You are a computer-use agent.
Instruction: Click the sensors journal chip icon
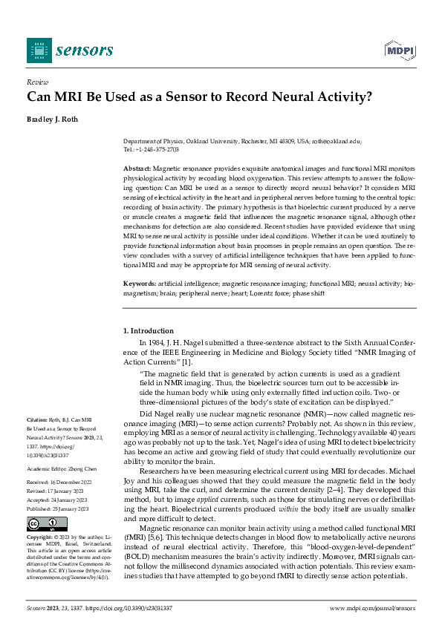(x=39, y=50)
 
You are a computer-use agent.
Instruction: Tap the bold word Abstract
(x=137, y=169)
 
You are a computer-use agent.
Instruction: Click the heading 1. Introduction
(x=148, y=330)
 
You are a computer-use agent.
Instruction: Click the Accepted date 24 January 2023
(x=74, y=500)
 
